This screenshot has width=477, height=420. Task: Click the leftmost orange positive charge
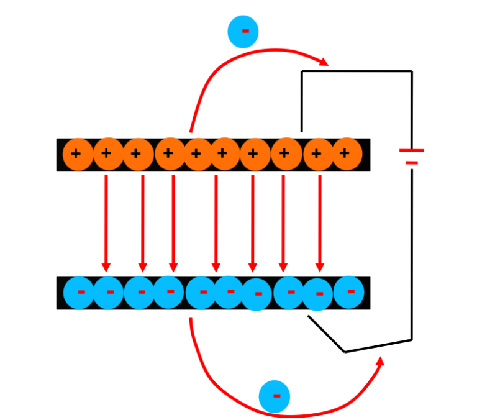click(x=77, y=153)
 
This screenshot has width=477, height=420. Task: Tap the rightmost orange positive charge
click(x=347, y=153)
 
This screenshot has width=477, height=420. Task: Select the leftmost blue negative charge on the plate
click(x=79, y=293)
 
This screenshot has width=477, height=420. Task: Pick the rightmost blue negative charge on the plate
click(x=349, y=291)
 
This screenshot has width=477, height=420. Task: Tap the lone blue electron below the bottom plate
click(x=275, y=396)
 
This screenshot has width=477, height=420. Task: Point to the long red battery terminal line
click(x=411, y=150)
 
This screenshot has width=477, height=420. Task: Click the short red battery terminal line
click(x=411, y=163)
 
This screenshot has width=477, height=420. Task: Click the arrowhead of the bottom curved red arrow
click(x=380, y=362)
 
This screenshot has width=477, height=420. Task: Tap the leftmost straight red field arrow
click(x=106, y=224)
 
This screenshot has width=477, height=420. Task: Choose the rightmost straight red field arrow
click(x=320, y=224)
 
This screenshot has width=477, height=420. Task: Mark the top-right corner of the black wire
click(x=411, y=71)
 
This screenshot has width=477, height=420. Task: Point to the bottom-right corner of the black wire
click(x=411, y=340)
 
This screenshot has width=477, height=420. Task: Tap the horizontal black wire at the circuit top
click(x=357, y=71)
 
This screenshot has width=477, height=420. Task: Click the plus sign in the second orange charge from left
click(x=107, y=153)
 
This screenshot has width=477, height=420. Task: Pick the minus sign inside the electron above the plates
click(x=245, y=31)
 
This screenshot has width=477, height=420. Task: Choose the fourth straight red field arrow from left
click(x=216, y=224)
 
